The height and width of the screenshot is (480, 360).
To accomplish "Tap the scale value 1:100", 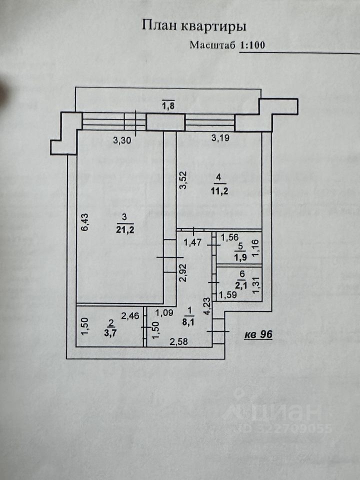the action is pos(252,45).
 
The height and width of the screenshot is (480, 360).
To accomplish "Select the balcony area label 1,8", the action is pos(168,106).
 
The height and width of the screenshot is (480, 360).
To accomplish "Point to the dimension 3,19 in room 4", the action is pos(220,139).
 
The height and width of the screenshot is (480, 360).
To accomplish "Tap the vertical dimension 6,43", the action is pos(84,221).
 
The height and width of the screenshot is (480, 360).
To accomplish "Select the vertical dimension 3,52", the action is pos(184,181).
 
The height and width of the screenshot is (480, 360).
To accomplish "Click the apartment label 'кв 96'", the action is pos(258,335).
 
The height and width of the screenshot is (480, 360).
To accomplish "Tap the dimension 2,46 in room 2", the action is pos(130,315).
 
